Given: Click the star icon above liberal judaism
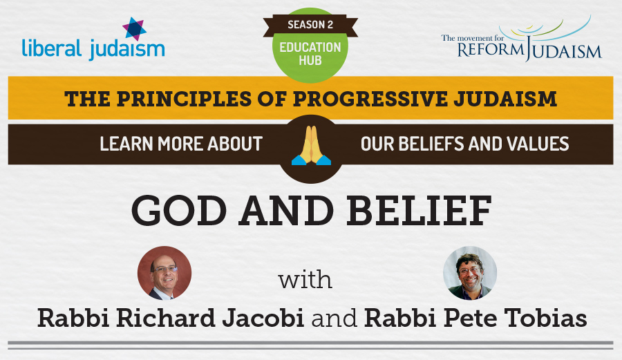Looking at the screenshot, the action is (x=134, y=29).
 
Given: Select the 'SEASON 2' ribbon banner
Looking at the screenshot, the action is (x=310, y=25).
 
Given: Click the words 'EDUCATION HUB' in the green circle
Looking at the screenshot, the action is (x=310, y=53).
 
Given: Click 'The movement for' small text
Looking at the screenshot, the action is (x=473, y=38).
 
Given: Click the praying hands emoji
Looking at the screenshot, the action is (x=312, y=146).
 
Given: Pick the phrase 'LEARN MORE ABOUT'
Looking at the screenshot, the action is (x=181, y=144).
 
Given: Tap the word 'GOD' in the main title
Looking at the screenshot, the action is (x=179, y=211).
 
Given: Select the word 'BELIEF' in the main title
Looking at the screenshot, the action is (x=419, y=211).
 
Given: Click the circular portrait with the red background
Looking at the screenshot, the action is (x=164, y=273).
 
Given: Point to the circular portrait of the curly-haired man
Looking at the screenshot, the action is (x=470, y=273).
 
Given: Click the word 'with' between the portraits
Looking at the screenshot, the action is (x=305, y=280).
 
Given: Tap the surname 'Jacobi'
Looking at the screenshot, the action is (x=263, y=318).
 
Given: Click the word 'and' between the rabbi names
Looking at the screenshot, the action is (x=334, y=319).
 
